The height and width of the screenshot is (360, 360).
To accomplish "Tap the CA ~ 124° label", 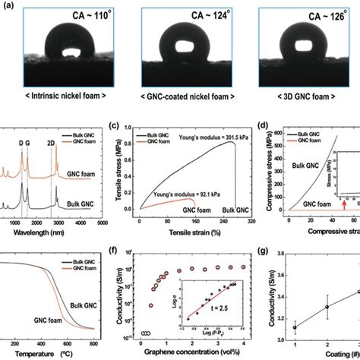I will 179,12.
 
